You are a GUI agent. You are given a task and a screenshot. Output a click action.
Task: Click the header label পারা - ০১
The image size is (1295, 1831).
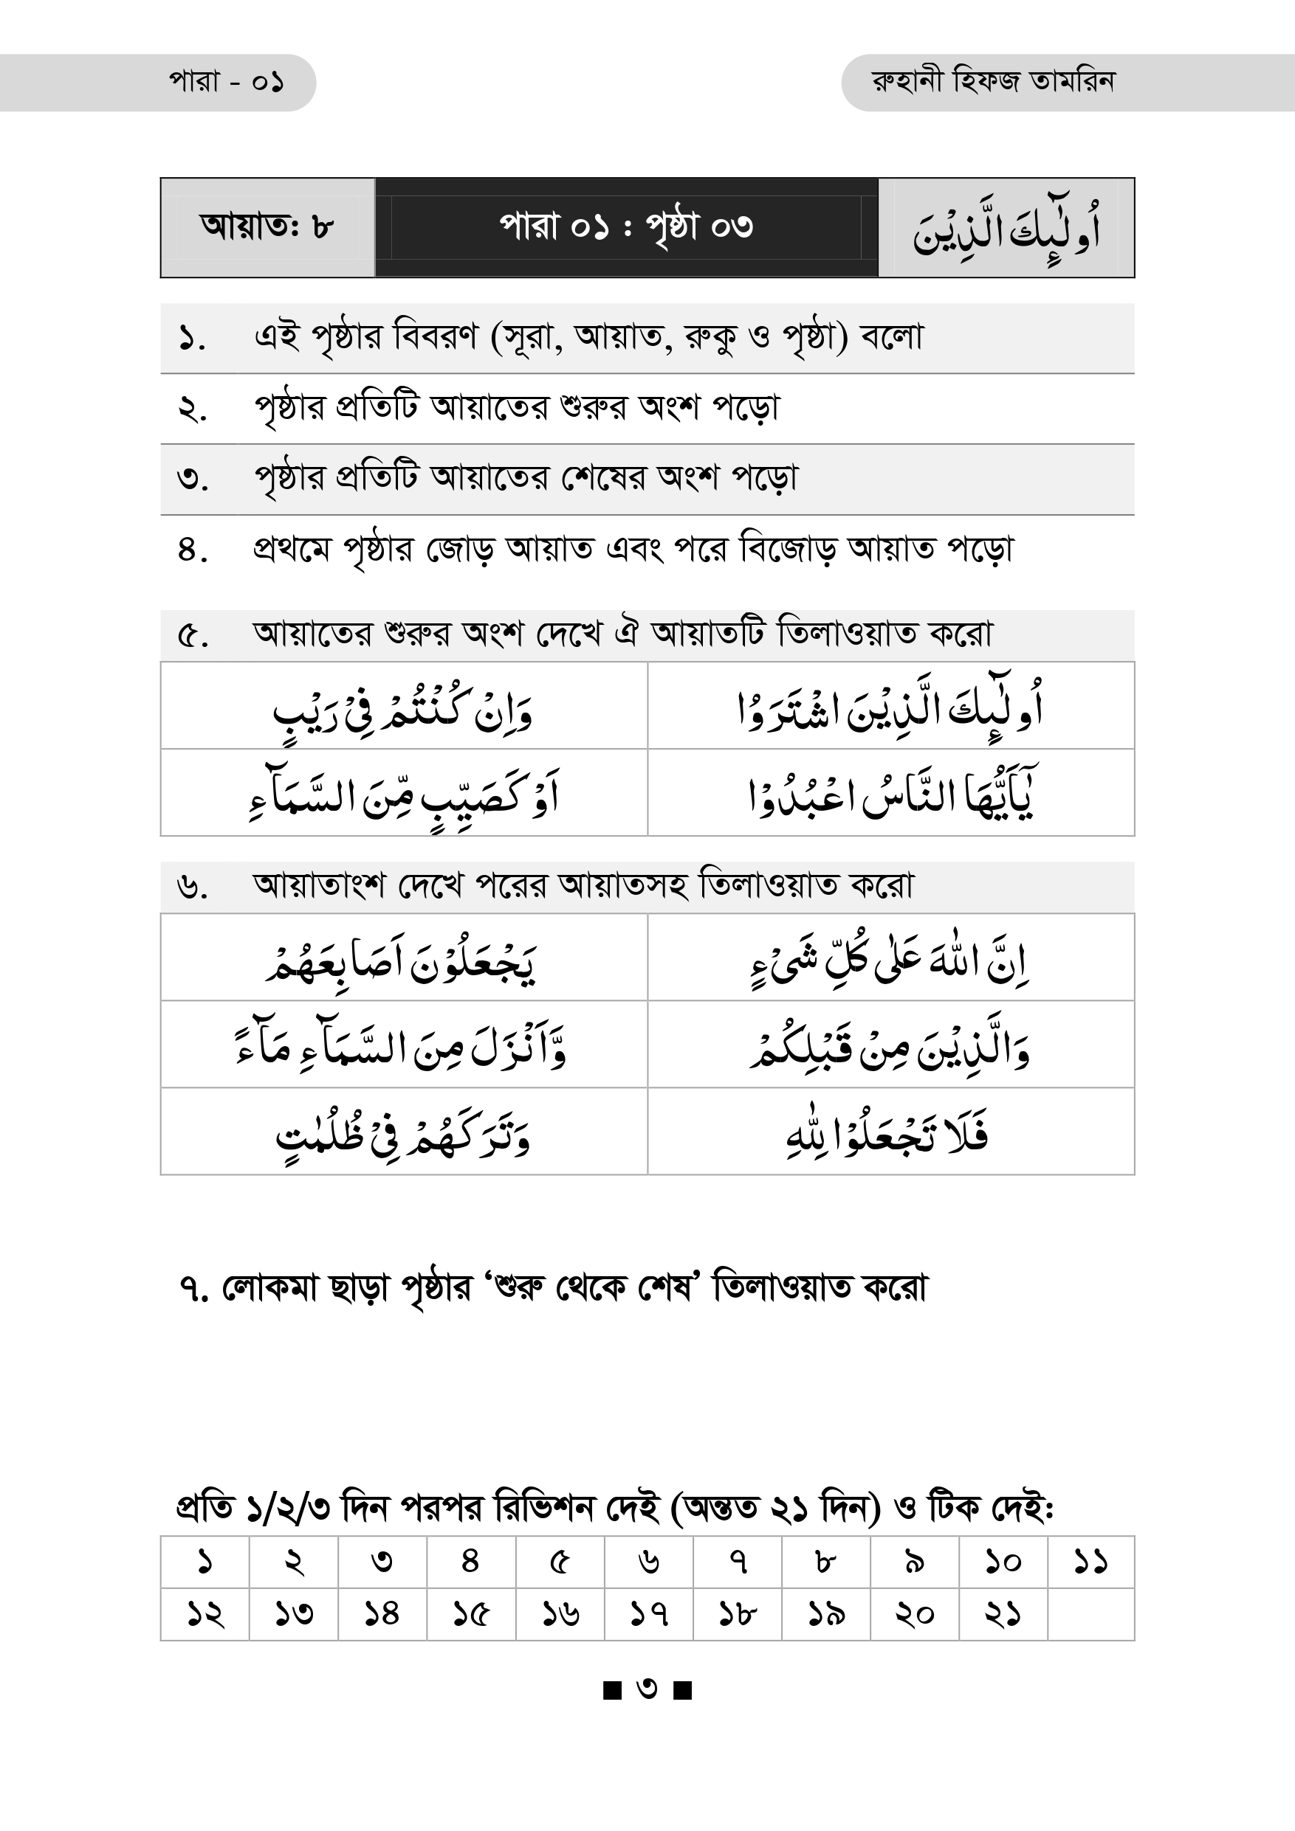click(x=226, y=82)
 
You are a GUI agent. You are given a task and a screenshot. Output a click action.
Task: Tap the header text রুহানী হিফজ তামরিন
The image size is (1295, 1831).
click(x=993, y=82)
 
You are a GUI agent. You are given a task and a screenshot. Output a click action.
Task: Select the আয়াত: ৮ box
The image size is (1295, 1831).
click(x=267, y=227)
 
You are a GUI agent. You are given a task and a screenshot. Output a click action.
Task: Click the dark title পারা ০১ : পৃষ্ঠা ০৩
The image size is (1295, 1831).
click(x=626, y=227)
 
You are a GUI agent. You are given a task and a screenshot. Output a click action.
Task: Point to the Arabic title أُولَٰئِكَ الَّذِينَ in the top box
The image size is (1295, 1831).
click(x=1006, y=229)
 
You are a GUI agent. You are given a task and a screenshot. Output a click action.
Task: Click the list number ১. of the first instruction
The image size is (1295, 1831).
click(x=192, y=338)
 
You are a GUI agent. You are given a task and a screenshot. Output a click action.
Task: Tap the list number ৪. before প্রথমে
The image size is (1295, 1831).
click(x=192, y=550)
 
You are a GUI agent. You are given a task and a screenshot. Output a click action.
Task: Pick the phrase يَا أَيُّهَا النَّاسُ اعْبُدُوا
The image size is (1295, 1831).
click(x=891, y=795)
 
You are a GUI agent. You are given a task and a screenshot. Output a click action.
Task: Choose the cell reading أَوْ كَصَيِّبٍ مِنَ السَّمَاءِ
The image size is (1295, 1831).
click(x=403, y=795)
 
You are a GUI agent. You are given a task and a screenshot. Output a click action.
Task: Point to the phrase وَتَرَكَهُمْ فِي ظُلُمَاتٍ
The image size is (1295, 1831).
click(x=403, y=1132)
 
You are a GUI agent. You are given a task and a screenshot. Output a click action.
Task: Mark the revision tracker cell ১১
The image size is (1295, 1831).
click(x=1090, y=1561)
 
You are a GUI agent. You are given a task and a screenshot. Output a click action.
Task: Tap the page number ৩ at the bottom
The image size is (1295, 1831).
click(x=647, y=1689)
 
